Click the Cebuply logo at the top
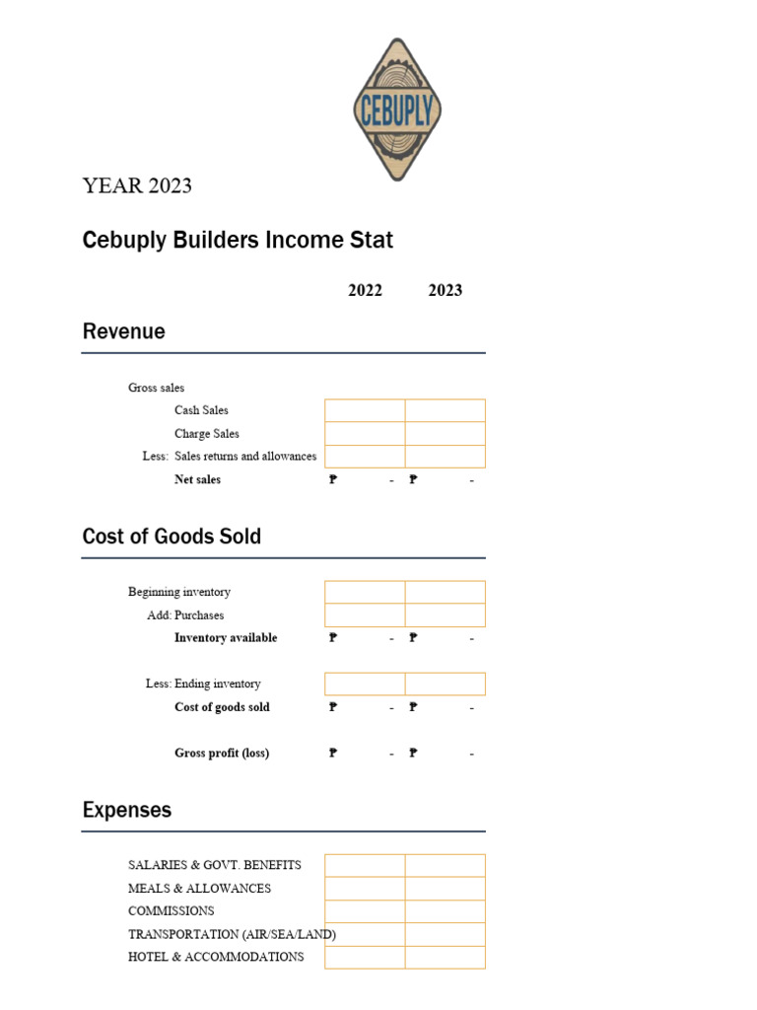click(397, 109)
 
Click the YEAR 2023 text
click(137, 185)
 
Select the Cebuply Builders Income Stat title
click(238, 240)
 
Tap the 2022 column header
click(365, 290)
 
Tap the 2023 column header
click(446, 290)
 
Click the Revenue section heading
click(124, 331)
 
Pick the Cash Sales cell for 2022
click(365, 410)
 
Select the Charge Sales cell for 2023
click(446, 433)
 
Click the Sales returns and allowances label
click(245, 457)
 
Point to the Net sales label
click(197, 479)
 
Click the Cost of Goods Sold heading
click(172, 537)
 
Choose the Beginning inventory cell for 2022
click(365, 592)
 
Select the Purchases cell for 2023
click(446, 615)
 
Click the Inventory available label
click(226, 638)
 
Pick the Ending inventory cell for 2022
click(365, 684)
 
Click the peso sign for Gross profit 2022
click(333, 754)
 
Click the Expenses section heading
click(127, 810)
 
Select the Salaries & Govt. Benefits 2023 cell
click(446, 865)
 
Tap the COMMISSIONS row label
click(171, 910)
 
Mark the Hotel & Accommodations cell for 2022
click(365, 957)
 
